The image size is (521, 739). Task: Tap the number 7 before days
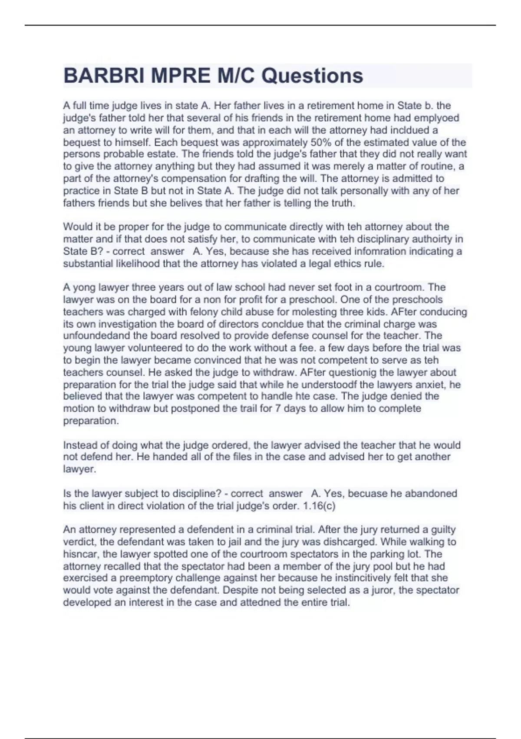click(278, 408)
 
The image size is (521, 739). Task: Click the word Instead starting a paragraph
click(82, 445)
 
